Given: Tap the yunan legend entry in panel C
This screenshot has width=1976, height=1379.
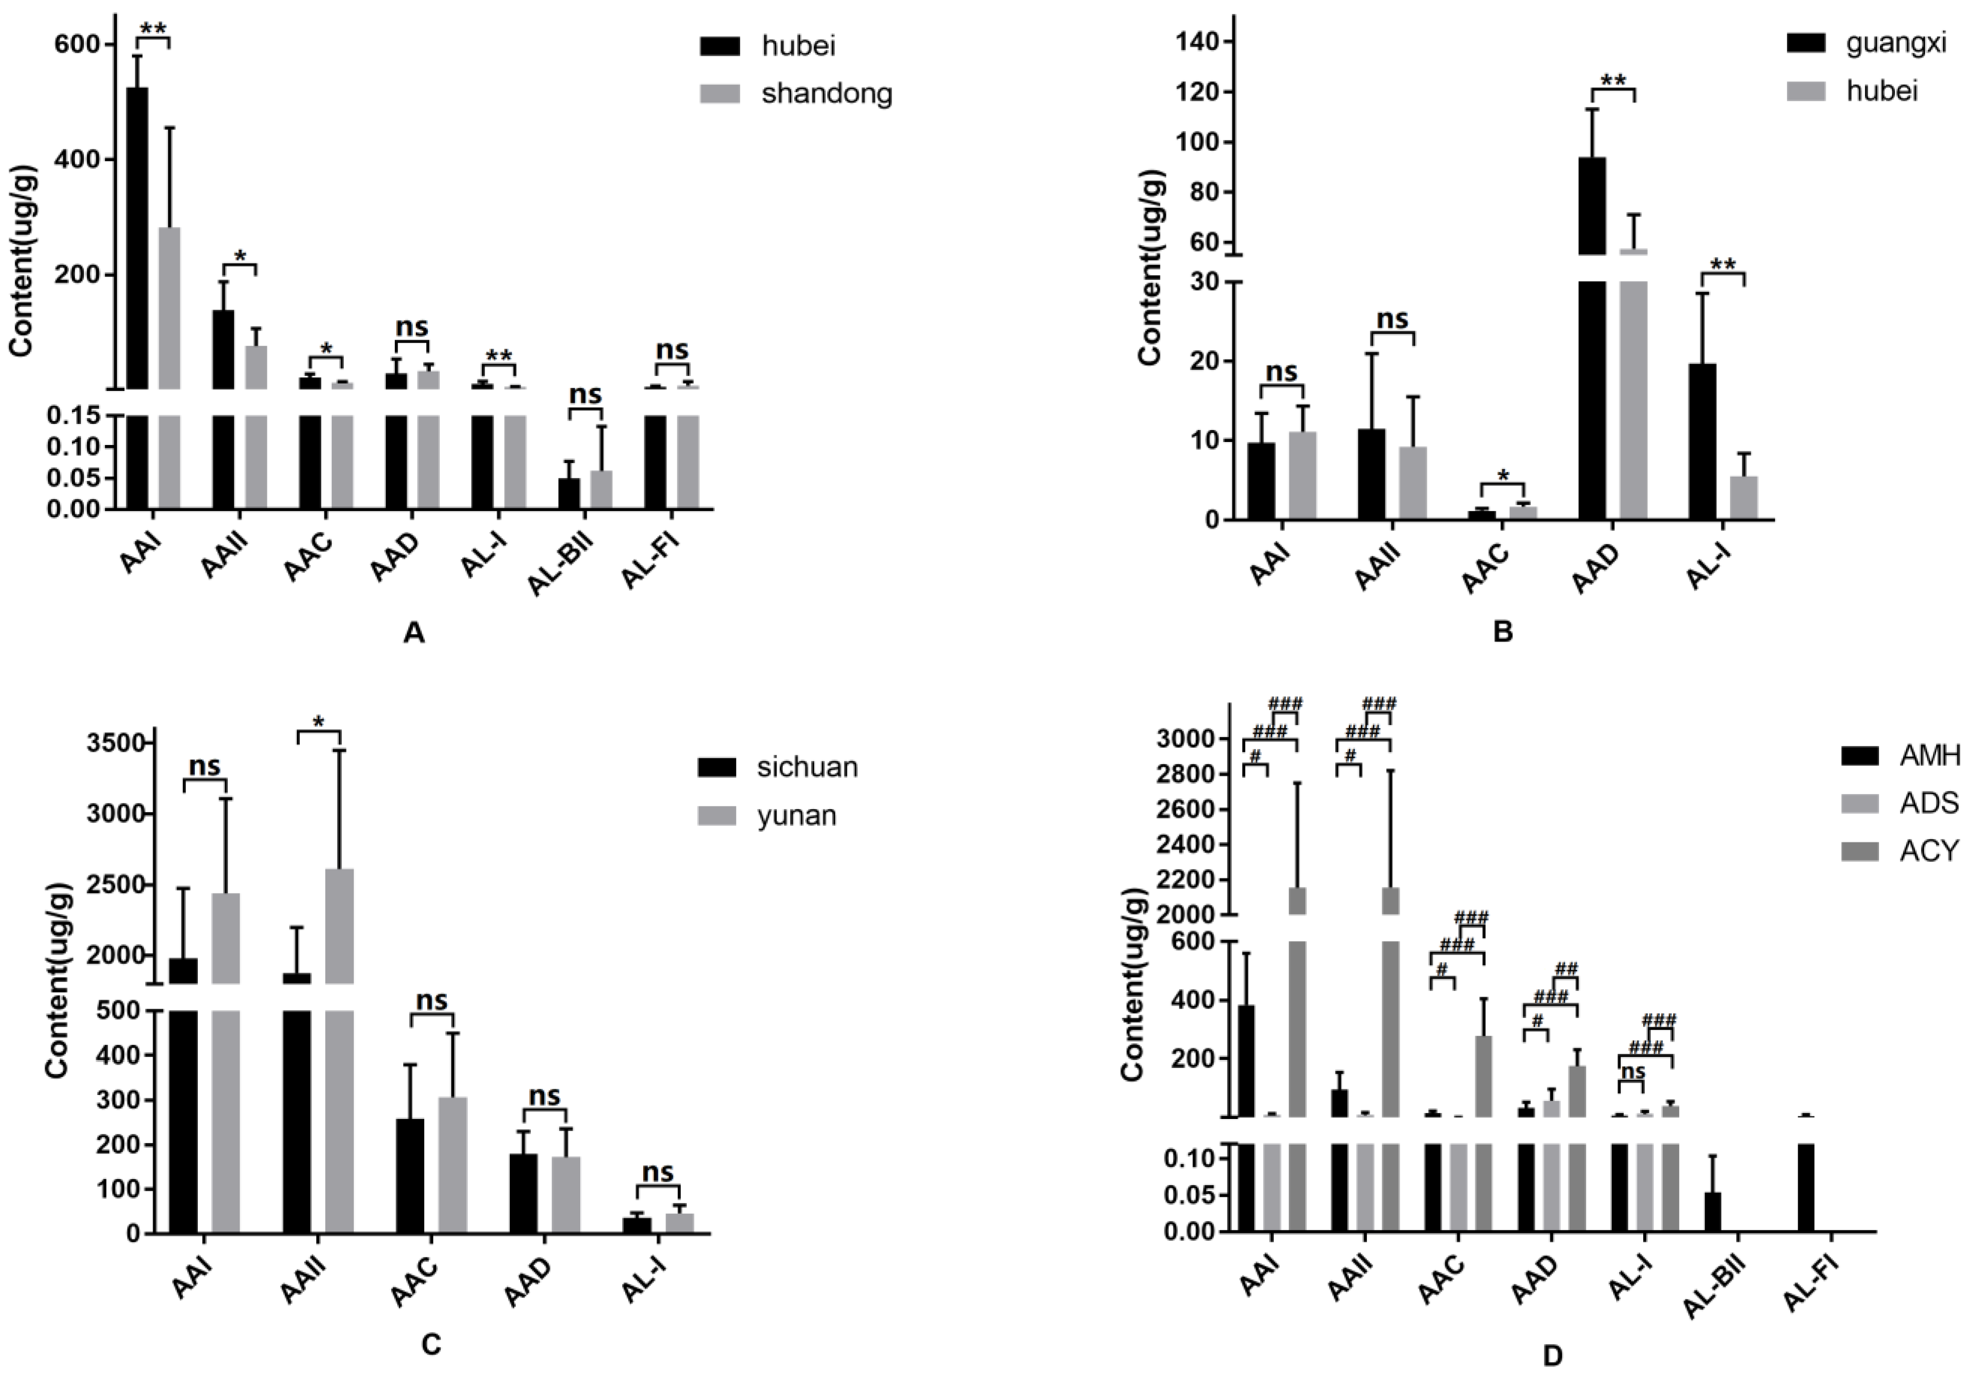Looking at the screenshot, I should click(796, 814).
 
